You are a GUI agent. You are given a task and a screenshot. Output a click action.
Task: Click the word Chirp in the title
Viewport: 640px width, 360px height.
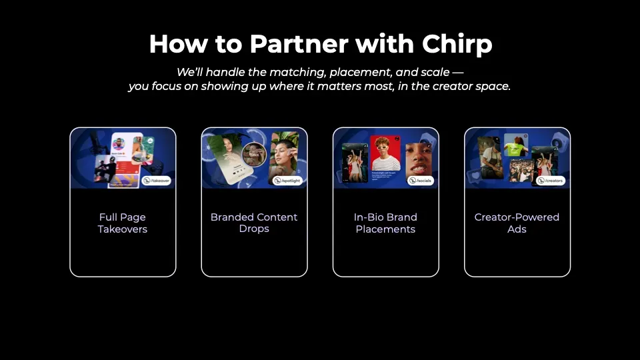(x=457, y=44)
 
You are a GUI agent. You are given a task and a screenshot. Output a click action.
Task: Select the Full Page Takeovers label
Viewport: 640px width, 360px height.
(x=123, y=223)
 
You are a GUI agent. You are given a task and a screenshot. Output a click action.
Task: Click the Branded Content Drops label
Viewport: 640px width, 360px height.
(x=254, y=223)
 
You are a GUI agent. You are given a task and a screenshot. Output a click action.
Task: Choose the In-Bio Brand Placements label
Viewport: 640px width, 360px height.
(x=385, y=223)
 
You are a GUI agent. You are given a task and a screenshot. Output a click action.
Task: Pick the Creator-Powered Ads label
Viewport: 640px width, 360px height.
(x=517, y=223)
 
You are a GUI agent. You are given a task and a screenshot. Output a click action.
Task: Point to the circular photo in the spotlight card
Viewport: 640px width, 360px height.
(x=254, y=155)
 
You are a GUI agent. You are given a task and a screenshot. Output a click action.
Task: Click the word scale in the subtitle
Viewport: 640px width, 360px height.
(x=436, y=72)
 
